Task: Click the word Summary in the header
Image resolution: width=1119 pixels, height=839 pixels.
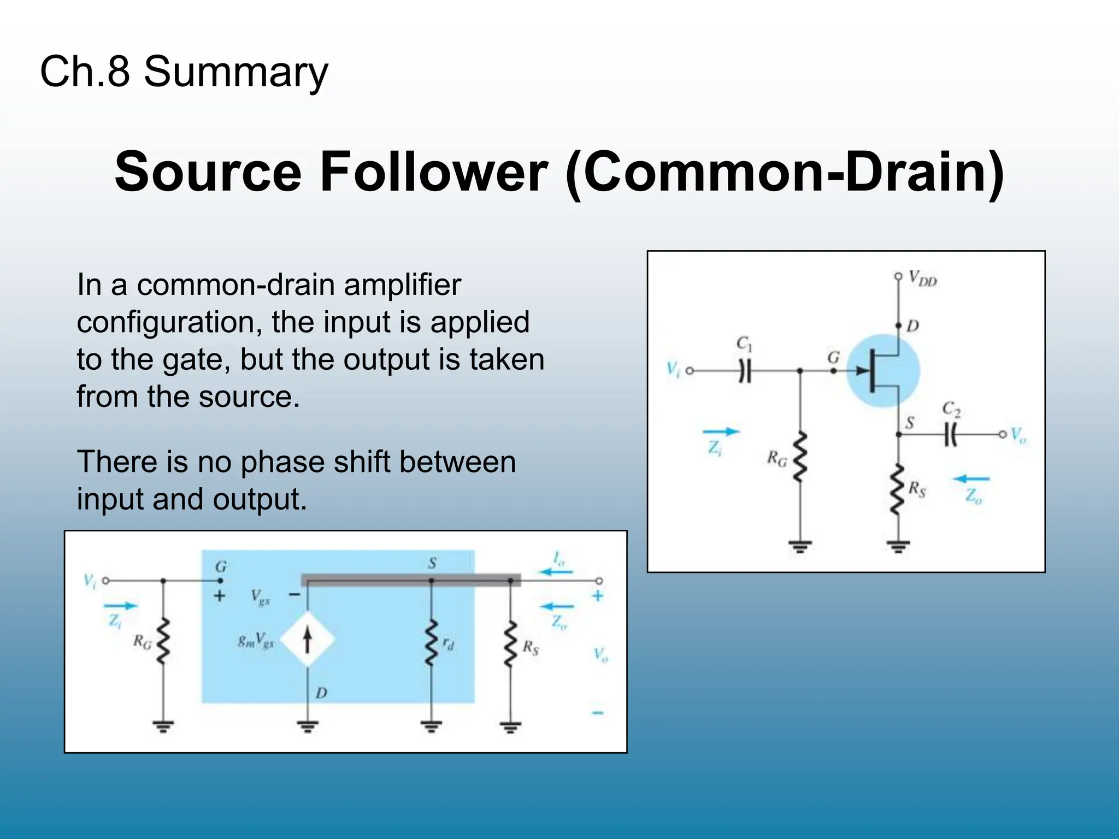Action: tap(235, 72)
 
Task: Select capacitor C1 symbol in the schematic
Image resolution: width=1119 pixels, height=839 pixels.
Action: tap(745, 371)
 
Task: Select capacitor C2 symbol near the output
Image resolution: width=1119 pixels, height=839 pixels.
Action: tap(951, 435)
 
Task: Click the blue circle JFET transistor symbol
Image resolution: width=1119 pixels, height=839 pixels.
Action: tap(883, 371)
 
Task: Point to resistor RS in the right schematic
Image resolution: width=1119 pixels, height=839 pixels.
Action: tap(897, 489)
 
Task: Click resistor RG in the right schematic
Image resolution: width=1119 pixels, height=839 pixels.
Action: tap(800, 457)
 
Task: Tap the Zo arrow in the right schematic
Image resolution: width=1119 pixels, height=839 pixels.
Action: tap(971, 480)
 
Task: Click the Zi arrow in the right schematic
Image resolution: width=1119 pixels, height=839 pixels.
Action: tap(720, 432)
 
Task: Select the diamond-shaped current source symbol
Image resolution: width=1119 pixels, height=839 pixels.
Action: tap(308, 640)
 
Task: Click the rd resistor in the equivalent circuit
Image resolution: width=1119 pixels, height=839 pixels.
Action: tap(431, 643)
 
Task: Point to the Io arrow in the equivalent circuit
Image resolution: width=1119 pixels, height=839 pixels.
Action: tap(556, 571)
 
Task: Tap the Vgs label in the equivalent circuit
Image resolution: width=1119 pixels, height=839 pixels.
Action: tap(260, 597)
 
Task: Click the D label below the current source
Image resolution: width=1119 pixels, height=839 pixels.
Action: tap(321, 693)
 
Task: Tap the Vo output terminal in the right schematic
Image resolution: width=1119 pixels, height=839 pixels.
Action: tap(1002, 435)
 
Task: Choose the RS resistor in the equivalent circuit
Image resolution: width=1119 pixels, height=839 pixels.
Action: tap(510, 645)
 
